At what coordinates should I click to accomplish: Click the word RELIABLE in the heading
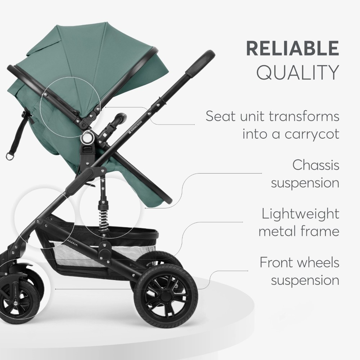(x=292, y=48)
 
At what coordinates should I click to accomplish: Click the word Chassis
(x=316, y=165)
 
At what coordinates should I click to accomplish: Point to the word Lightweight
(x=300, y=214)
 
